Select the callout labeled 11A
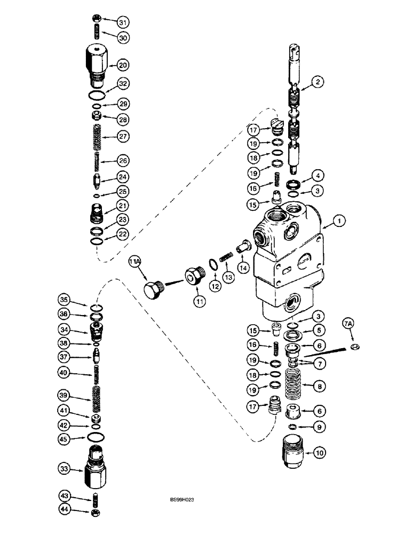tap(136, 262)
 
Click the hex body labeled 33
tap(94, 469)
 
